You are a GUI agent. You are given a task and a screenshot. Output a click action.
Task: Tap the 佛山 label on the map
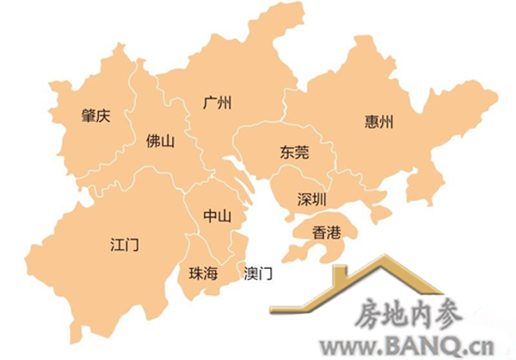161,140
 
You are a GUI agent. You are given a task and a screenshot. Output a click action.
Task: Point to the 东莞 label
293,153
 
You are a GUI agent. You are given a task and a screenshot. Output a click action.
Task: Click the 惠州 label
379,122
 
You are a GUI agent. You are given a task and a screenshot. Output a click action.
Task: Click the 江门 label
125,245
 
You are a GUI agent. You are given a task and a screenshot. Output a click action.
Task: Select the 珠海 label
204,273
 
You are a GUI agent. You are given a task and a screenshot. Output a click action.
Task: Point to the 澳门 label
258,273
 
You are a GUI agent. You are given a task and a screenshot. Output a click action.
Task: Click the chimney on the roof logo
340,276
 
